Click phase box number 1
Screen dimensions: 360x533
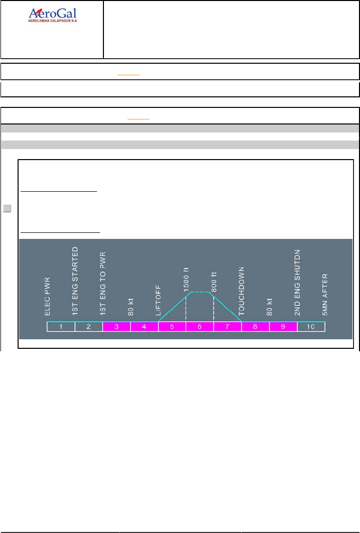click(x=61, y=327)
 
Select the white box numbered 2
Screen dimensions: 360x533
click(x=88, y=327)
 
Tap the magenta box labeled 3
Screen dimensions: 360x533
click(x=116, y=327)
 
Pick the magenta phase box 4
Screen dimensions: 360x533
click(x=144, y=327)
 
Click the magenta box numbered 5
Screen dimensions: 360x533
click(x=172, y=327)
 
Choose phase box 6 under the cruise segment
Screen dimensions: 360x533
click(x=199, y=327)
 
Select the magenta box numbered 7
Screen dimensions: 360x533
click(x=227, y=327)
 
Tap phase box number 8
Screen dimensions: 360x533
click(x=255, y=327)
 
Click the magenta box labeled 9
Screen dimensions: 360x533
click(x=283, y=327)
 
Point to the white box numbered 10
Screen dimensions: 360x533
click(x=311, y=327)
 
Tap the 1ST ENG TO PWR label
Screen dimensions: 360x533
click(x=103, y=284)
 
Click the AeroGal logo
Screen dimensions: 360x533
click(x=52, y=16)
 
